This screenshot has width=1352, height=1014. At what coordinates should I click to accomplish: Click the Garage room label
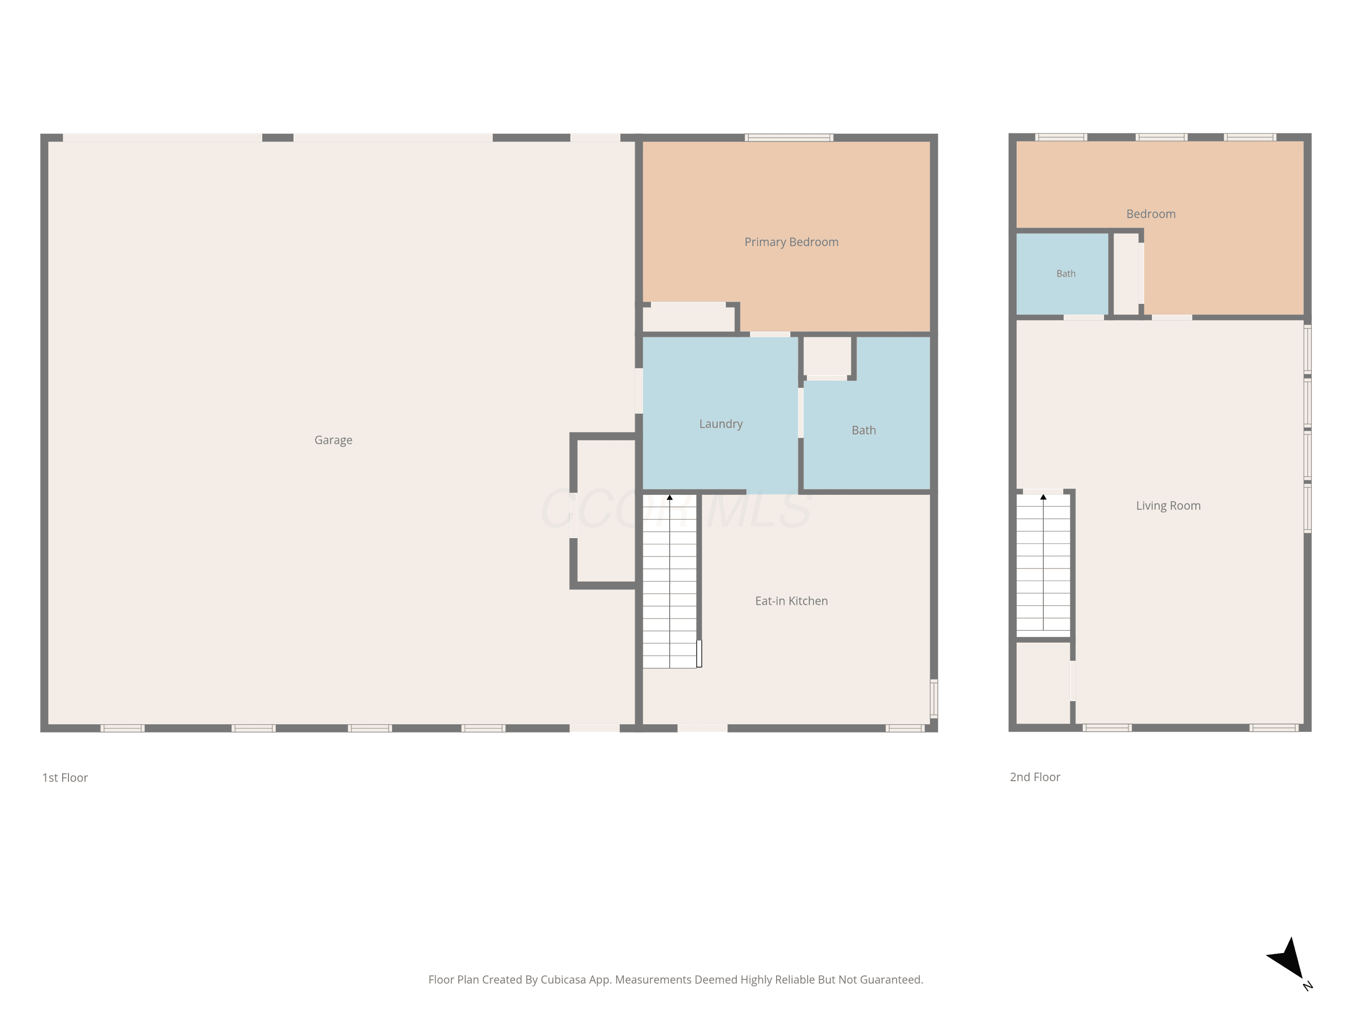pyautogui.click(x=333, y=440)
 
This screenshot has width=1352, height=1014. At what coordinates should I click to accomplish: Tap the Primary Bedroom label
pyautogui.click(x=791, y=242)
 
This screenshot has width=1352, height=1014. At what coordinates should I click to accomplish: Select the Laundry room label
pyautogui.click(x=721, y=424)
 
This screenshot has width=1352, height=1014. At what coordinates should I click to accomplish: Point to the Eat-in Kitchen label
pyautogui.click(x=791, y=601)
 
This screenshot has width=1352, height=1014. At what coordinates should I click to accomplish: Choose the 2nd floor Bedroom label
pyautogui.click(x=1150, y=214)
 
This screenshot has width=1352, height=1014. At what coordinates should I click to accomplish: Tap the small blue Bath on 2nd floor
pyautogui.click(x=1065, y=273)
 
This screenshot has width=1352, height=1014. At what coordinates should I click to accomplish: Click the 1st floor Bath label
pyautogui.click(x=863, y=430)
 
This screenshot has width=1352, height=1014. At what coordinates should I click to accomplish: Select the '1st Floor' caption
pyautogui.click(x=65, y=777)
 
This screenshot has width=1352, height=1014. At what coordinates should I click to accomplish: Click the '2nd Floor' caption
pyautogui.click(x=1035, y=777)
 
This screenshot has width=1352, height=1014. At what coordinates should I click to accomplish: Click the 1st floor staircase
pyautogui.click(x=669, y=580)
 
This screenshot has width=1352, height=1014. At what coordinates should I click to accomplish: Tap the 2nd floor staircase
pyautogui.click(x=1043, y=562)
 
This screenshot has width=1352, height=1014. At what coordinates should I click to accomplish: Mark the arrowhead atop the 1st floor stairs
pyautogui.click(x=669, y=498)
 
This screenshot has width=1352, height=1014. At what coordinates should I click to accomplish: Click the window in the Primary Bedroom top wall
pyautogui.click(x=789, y=137)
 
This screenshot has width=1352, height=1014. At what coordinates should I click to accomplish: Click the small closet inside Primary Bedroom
pyautogui.click(x=688, y=319)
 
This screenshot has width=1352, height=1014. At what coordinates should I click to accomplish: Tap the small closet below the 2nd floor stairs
pyautogui.click(x=1043, y=683)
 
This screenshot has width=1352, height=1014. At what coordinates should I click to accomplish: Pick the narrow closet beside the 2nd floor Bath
pyautogui.click(x=1126, y=274)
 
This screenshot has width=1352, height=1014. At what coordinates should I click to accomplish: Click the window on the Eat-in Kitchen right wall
pyautogui.click(x=933, y=698)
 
